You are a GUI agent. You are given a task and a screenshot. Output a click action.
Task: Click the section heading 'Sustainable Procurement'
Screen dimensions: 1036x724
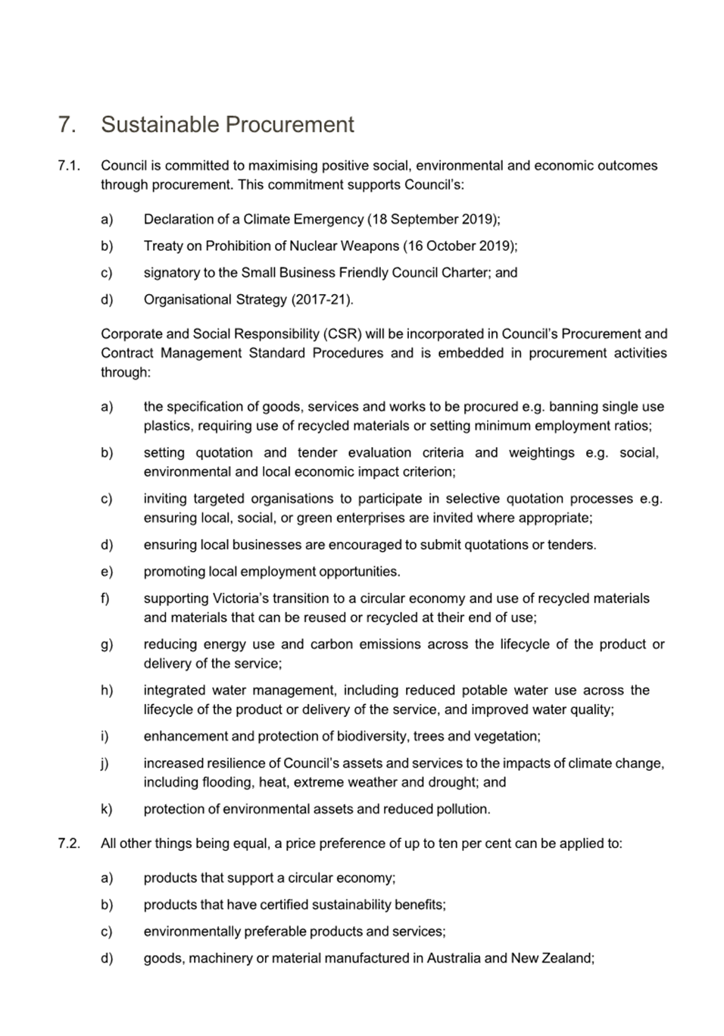pos(227,124)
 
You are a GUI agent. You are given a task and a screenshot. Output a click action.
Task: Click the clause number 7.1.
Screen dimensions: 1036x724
pos(69,165)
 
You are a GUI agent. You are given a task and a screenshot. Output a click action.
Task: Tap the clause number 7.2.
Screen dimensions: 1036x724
pos(69,843)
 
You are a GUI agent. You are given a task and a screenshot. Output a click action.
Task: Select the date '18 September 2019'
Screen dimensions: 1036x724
pos(433,219)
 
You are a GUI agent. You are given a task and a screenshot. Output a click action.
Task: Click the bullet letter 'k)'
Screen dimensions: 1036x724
pos(107,809)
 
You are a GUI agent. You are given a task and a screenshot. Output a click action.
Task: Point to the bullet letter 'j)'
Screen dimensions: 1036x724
pos(105,763)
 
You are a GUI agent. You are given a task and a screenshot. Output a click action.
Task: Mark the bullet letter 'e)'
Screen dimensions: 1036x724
pos(107,571)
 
